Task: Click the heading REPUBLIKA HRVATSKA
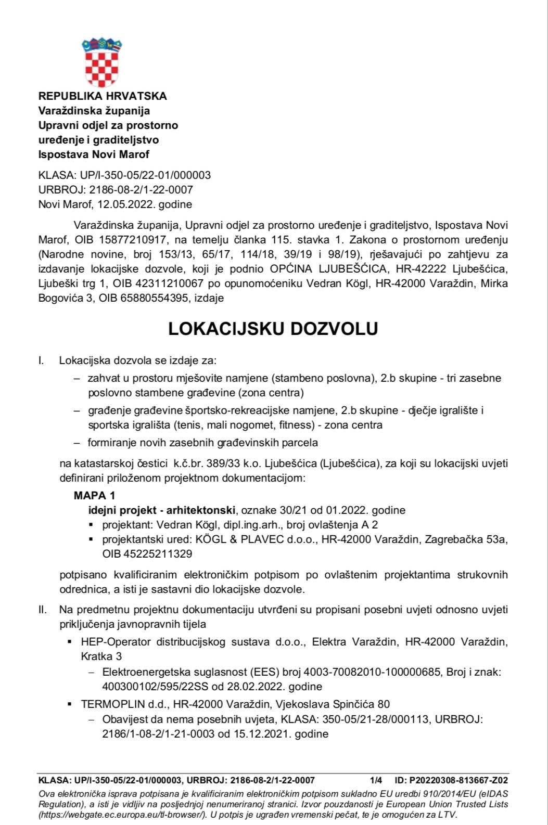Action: [x=103, y=96]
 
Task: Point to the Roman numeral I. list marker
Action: [x=41, y=360]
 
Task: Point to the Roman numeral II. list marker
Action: [x=42, y=609]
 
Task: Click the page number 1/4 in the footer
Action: [x=376, y=780]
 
